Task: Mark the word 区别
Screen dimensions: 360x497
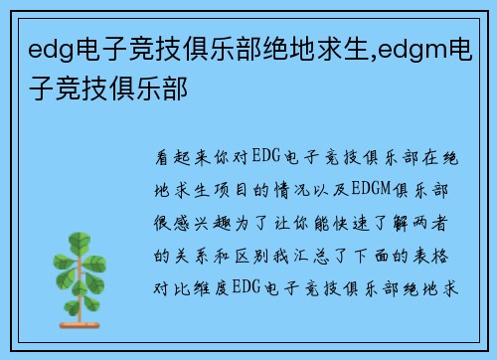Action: [x=264, y=254]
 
